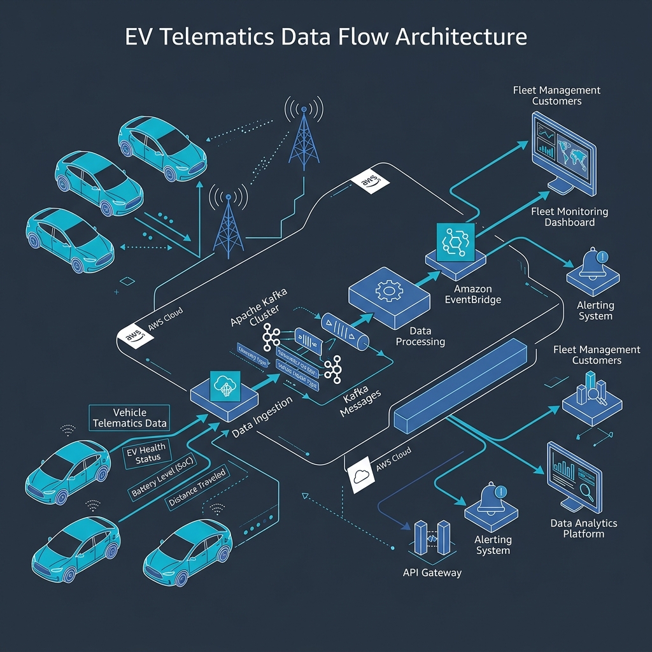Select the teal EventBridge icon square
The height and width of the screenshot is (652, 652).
(x=456, y=242)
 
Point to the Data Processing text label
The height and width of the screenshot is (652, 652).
(x=420, y=337)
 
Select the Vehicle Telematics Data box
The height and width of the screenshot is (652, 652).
(x=130, y=418)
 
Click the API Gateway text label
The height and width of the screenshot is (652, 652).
(x=432, y=572)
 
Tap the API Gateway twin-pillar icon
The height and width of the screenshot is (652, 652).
(x=432, y=538)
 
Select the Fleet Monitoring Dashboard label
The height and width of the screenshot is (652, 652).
(x=570, y=216)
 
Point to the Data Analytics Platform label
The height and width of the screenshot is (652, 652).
(x=583, y=528)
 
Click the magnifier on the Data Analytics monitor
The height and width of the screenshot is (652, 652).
(x=586, y=489)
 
